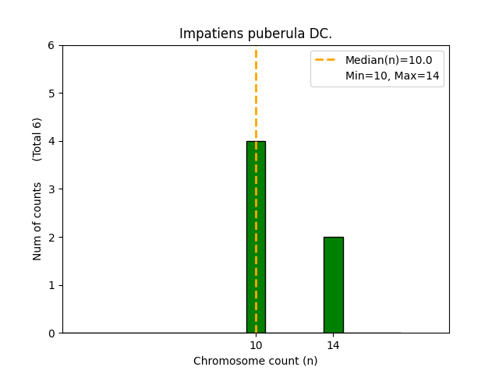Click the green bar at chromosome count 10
click(256, 237)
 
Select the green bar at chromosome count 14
click(333, 284)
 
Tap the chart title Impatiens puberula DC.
click(256, 34)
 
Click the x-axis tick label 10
click(256, 345)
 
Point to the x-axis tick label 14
click(333, 345)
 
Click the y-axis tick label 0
click(52, 333)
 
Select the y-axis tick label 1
click(52, 285)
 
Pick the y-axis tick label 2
click(52, 237)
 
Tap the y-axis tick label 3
click(52, 189)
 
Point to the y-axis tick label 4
click(52, 141)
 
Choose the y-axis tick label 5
click(52, 93)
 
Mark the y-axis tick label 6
click(52, 45)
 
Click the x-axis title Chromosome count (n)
click(256, 362)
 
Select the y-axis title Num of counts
click(37, 221)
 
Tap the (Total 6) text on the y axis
click(37, 139)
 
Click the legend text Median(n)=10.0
click(388, 60)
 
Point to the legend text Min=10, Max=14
click(388, 76)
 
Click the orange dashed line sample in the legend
click(327, 60)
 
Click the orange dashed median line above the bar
click(256, 93)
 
